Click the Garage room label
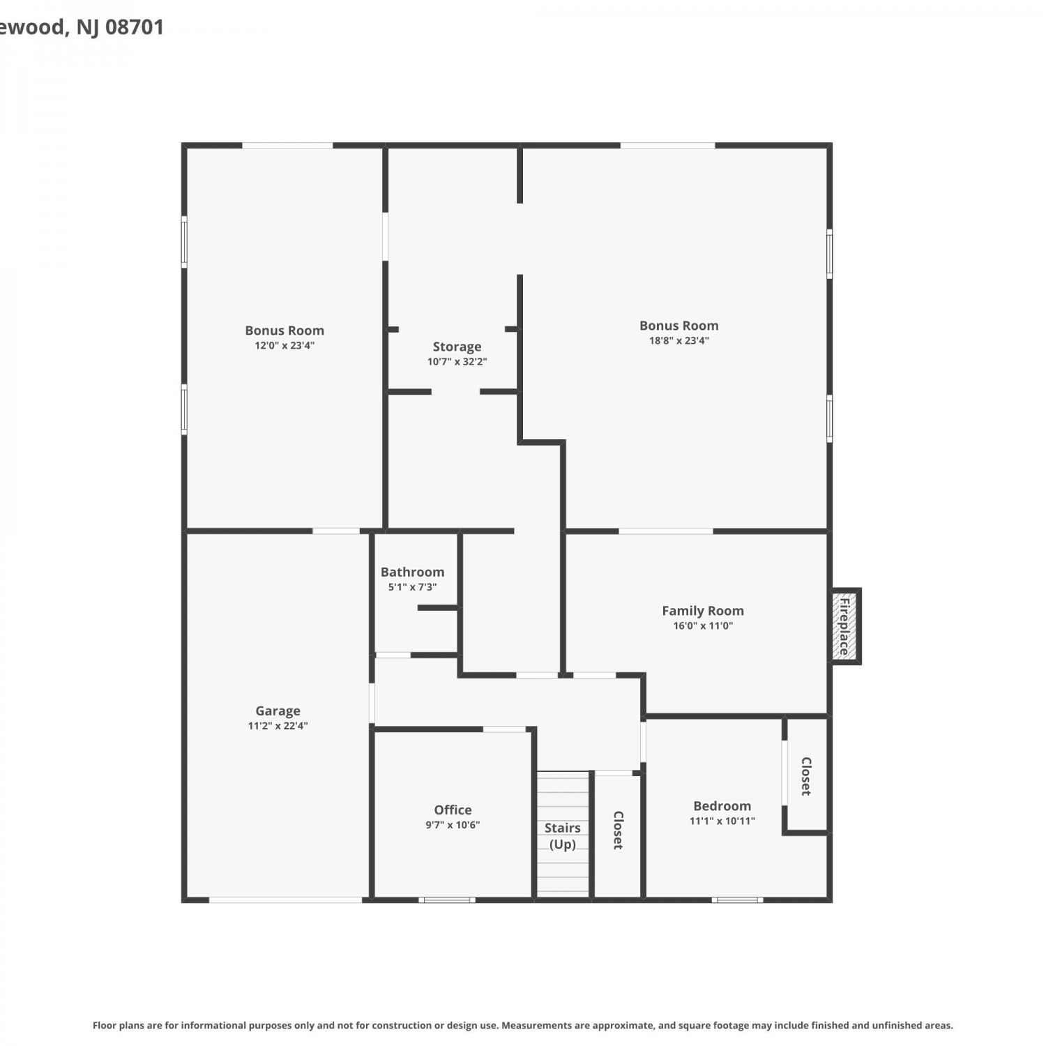pyautogui.click(x=278, y=711)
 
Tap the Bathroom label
pyautogui.click(x=412, y=572)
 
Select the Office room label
pyautogui.click(x=453, y=810)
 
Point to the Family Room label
pyautogui.click(x=703, y=611)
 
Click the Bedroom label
pyautogui.click(x=722, y=806)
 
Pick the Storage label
pyautogui.click(x=457, y=347)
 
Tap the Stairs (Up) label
pyautogui.click(x=562, y=836)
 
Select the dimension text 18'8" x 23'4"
pyautogui.click(x=679, y=341)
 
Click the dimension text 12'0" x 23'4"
pyautogui.click(x=285, y=346)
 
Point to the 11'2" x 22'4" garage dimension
pyautogui.click(x=278, y=726)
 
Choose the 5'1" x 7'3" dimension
pyautogui.click(x=412, y=587)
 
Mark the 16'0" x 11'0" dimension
pyautogui.click(x=703, y=626)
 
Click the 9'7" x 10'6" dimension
pyautogui.click(x=453, y=825)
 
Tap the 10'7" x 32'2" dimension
pyautogui.click(x=457, y=362)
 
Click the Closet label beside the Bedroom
pyautogui.click(x=806, y=776)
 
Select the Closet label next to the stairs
pyautogui.click(x=618, y=830)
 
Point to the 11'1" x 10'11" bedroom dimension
pyautogui.click(x=722, y=821)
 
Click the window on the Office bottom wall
pyautogui.click(x=447, y=900)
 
